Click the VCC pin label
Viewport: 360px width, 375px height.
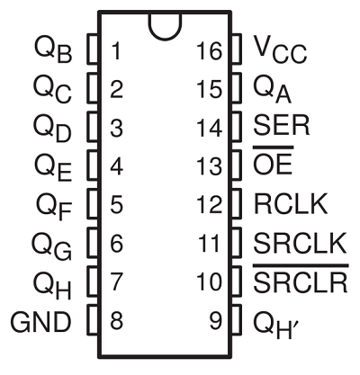click(x=282, y=49)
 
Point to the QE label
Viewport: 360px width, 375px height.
click(x=51, y=166)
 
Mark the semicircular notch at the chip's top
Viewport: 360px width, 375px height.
click(x=164, y=24)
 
